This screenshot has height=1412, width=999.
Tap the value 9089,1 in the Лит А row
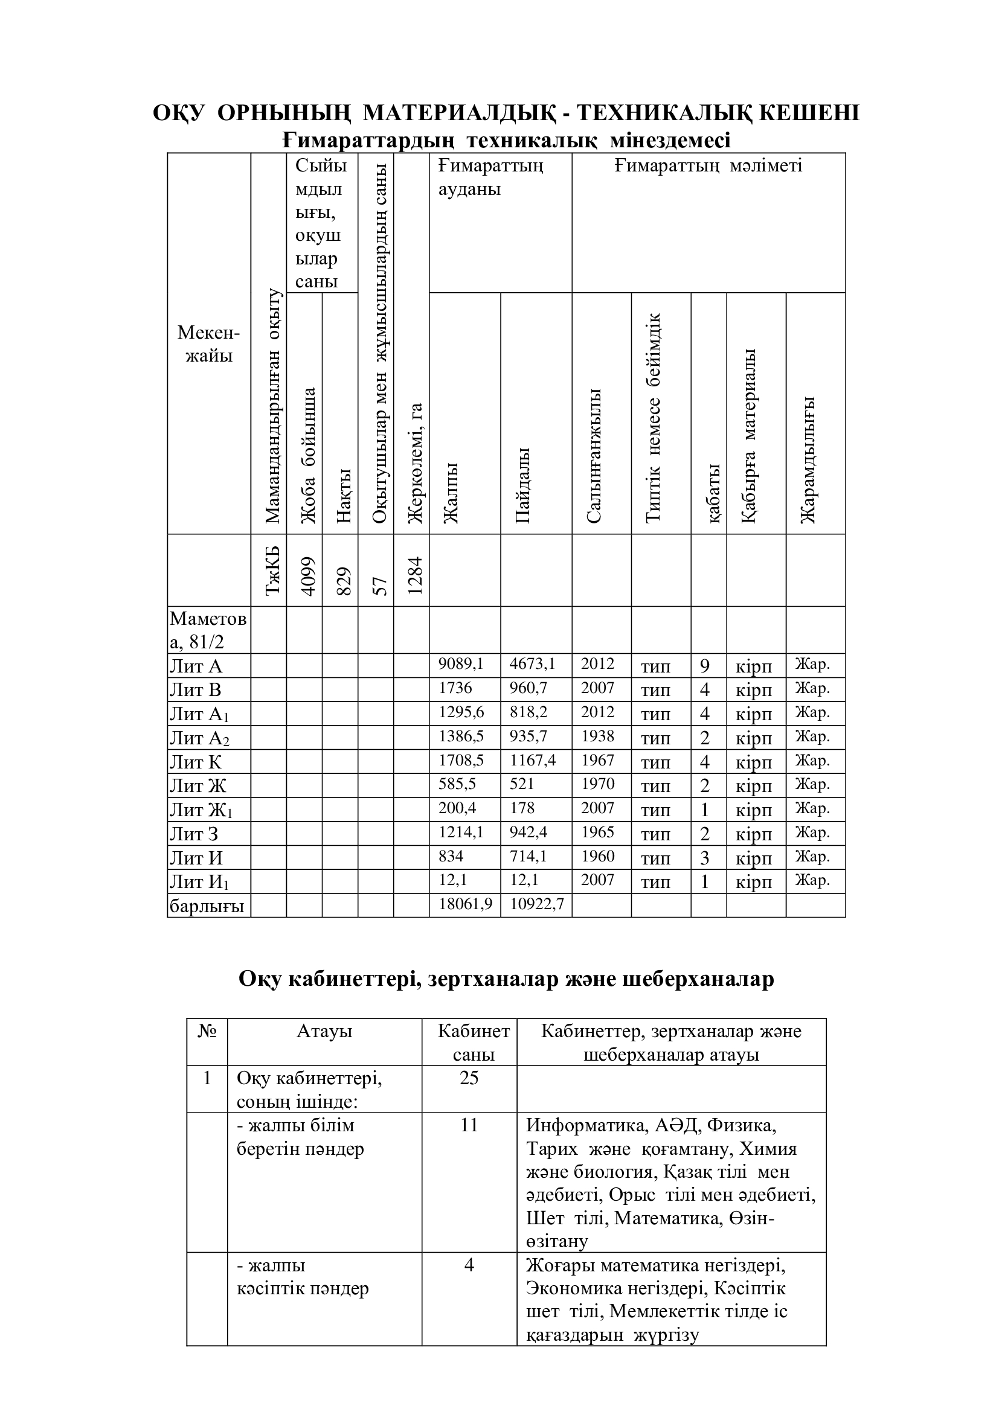click(x=461, y=663)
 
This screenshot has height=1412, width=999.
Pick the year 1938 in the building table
click(x=597, y=735)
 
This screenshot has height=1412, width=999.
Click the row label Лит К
click(x=195, y=762)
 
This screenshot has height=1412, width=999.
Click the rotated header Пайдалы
click(x=523, y=485)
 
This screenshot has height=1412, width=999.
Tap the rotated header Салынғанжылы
click(x=594, y=456)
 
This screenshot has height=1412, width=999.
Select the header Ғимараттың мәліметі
click(x=708, y=165)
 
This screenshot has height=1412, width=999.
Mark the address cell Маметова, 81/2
click(x=208, y=630)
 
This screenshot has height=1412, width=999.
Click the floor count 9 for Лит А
click(x=704, y=666)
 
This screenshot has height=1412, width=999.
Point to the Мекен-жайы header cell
click(x=208, y=343)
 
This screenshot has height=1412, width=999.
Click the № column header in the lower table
click(x=207, y=1030)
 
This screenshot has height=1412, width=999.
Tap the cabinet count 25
click(x=469, y=1078)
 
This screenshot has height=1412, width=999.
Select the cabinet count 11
click(x=469, y=1125)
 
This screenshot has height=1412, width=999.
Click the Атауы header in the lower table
click(x=324, y=1030)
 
